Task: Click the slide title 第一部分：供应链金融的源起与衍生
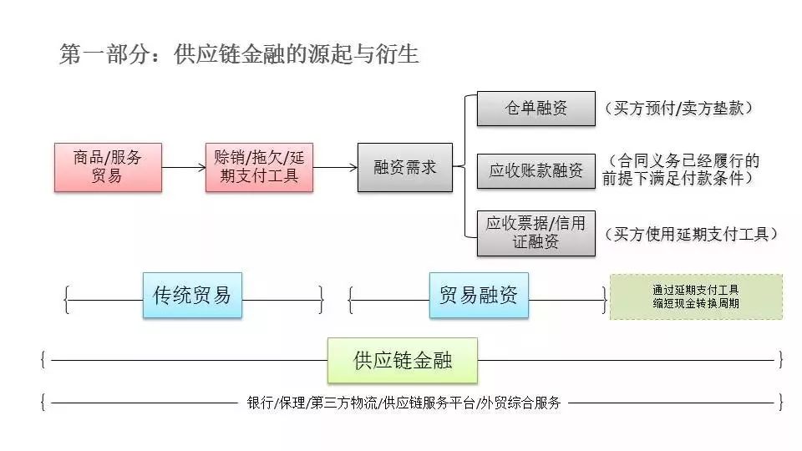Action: [239, 55]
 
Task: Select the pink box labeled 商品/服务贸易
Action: [108, 167]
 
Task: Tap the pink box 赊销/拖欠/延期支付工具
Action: [259, 167]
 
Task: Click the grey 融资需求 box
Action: [404, 167]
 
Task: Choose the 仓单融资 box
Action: [536, 109]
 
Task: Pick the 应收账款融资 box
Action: [536, 171]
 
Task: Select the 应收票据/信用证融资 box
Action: [536, 233]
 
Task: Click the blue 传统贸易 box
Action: [192, 295]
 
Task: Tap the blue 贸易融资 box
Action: [479, 295]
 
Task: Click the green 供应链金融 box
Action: [402, 360]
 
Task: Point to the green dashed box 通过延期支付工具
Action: [696, 296]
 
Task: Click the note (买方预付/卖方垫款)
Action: [678, 109]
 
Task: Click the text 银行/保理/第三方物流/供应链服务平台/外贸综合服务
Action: [404, 403]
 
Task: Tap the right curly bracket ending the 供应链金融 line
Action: [780, 360]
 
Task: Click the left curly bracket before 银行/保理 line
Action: [43, 403]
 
